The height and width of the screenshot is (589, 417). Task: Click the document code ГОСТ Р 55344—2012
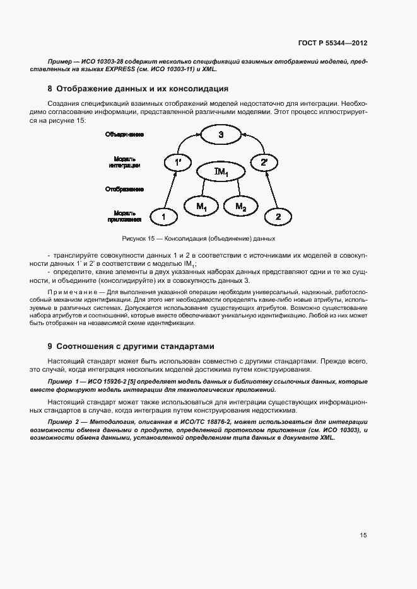click(x=333, y=43)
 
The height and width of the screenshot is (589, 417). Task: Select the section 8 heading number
click(x=50, y=88)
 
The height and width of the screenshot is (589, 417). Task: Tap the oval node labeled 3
click(x=220, y=135)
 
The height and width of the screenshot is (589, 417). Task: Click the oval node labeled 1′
click(x=178, y=163)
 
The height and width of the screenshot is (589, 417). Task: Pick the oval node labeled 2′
click(x=264, y=163)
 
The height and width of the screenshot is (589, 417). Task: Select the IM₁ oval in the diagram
click(x=220, y=171)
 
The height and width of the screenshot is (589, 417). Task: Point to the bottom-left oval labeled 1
click(x=164, y=217)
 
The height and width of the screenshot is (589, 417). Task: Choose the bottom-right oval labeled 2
click(x=278, y=217)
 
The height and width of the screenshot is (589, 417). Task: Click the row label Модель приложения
click(x=124, y=217)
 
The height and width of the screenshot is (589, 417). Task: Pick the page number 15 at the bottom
click(x=363, y=535)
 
